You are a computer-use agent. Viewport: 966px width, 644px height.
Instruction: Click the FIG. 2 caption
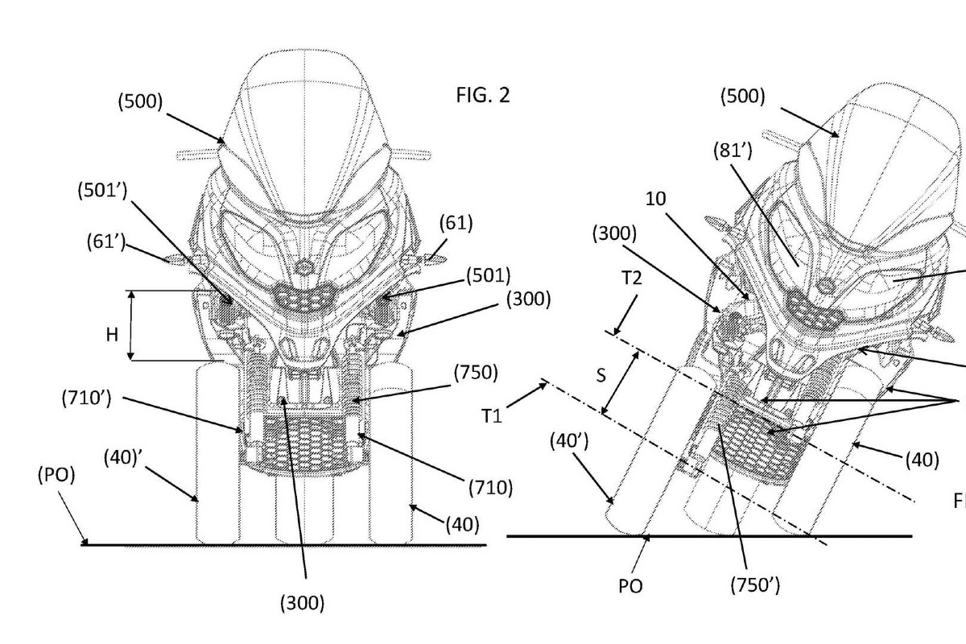(x=482, y=95)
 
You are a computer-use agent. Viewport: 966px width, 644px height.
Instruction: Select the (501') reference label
(x=103, y=191)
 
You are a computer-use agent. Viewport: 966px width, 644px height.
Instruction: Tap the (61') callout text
(x=106, y=242)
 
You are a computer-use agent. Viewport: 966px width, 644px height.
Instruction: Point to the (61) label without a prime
(x=456, y=223)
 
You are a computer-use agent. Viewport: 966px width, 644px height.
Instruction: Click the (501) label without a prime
(x=488, y=275)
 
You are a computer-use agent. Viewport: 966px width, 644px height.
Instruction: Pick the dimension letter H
(x=112, y=334)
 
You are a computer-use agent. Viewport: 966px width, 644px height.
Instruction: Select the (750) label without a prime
(x=476, y=372)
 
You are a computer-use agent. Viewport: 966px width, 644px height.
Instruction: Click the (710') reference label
(x=87, y=398)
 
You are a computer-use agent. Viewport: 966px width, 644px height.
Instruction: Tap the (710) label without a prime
(x=491, y=487)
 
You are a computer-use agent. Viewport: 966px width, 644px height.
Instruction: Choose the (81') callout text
(x=733, y=151)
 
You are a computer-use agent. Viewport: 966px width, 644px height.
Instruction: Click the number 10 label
(x=656, y=199)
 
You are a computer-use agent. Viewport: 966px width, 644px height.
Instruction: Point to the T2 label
(x=632, y=279)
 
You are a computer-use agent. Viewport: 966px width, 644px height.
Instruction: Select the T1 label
(x=492, y=416)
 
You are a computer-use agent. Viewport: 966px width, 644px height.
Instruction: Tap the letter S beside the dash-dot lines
(x=601, y=376)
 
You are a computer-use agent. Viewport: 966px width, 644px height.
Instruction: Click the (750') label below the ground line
(x=756, y=585)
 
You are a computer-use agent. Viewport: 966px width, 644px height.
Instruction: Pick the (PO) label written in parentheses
(x=56, y=474)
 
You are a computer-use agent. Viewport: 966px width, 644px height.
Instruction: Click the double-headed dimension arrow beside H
(x=131, y=325)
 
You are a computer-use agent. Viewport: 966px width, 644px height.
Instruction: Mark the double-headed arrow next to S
(x=620, y=383)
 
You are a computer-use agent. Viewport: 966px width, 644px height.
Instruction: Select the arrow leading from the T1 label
(x=527, y=394)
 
